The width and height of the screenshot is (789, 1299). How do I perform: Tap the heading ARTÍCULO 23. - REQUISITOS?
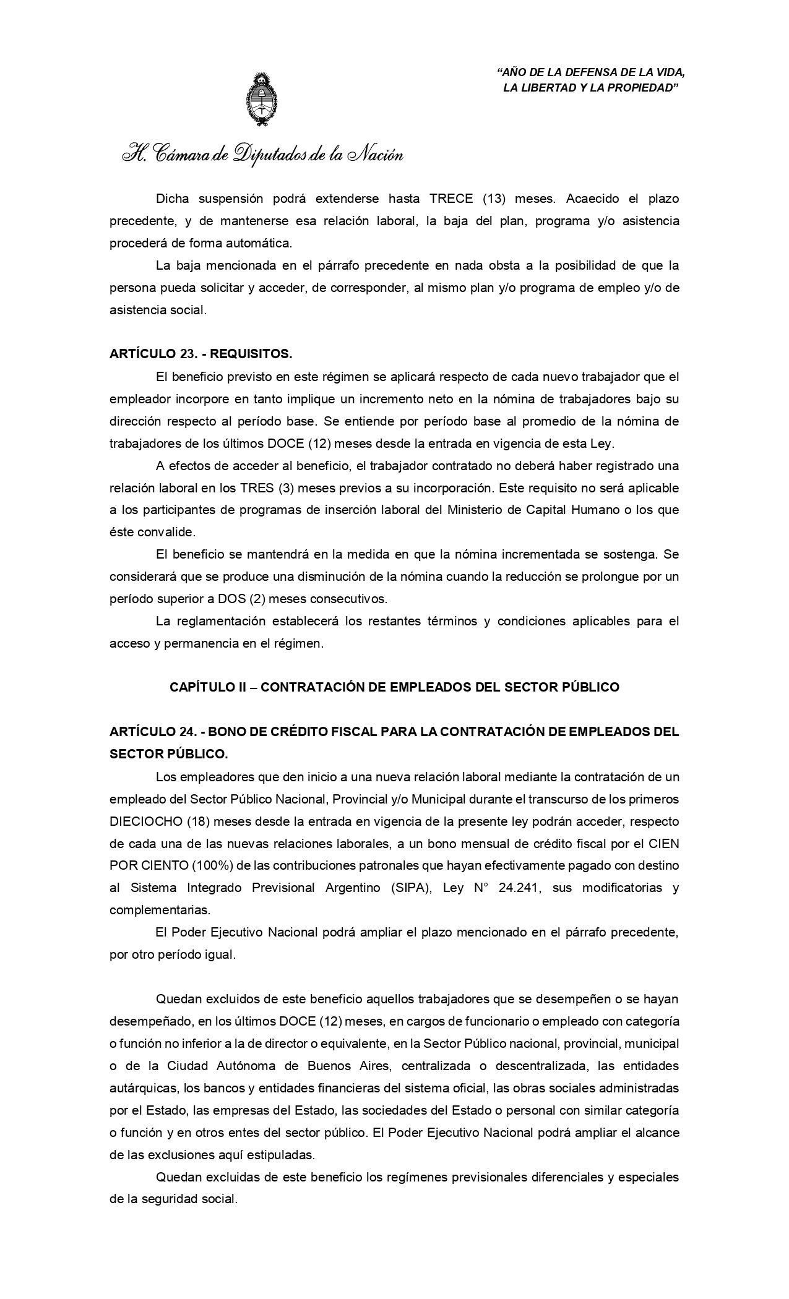(x=200, y=354)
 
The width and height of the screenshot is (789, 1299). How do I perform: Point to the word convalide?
(x=173, y=533)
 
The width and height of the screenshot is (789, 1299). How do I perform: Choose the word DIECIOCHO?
(x=146, y=821)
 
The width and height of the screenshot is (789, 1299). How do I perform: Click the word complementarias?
(x=160, y=910)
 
